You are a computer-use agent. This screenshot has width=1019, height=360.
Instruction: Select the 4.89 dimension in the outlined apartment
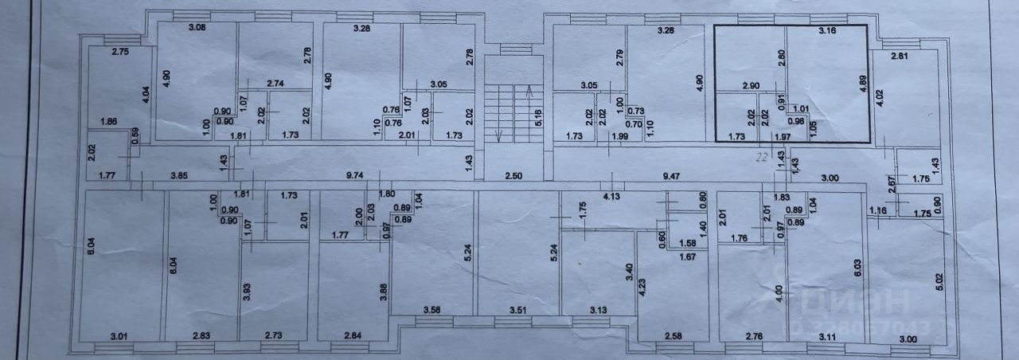pyautogui.click(x=864, y=84)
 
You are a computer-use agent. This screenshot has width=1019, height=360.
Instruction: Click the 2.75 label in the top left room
pyautogui.click(x=120, y=53)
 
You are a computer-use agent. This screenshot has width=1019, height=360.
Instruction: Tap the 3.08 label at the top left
pyautogui.click(x=197, y=29)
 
